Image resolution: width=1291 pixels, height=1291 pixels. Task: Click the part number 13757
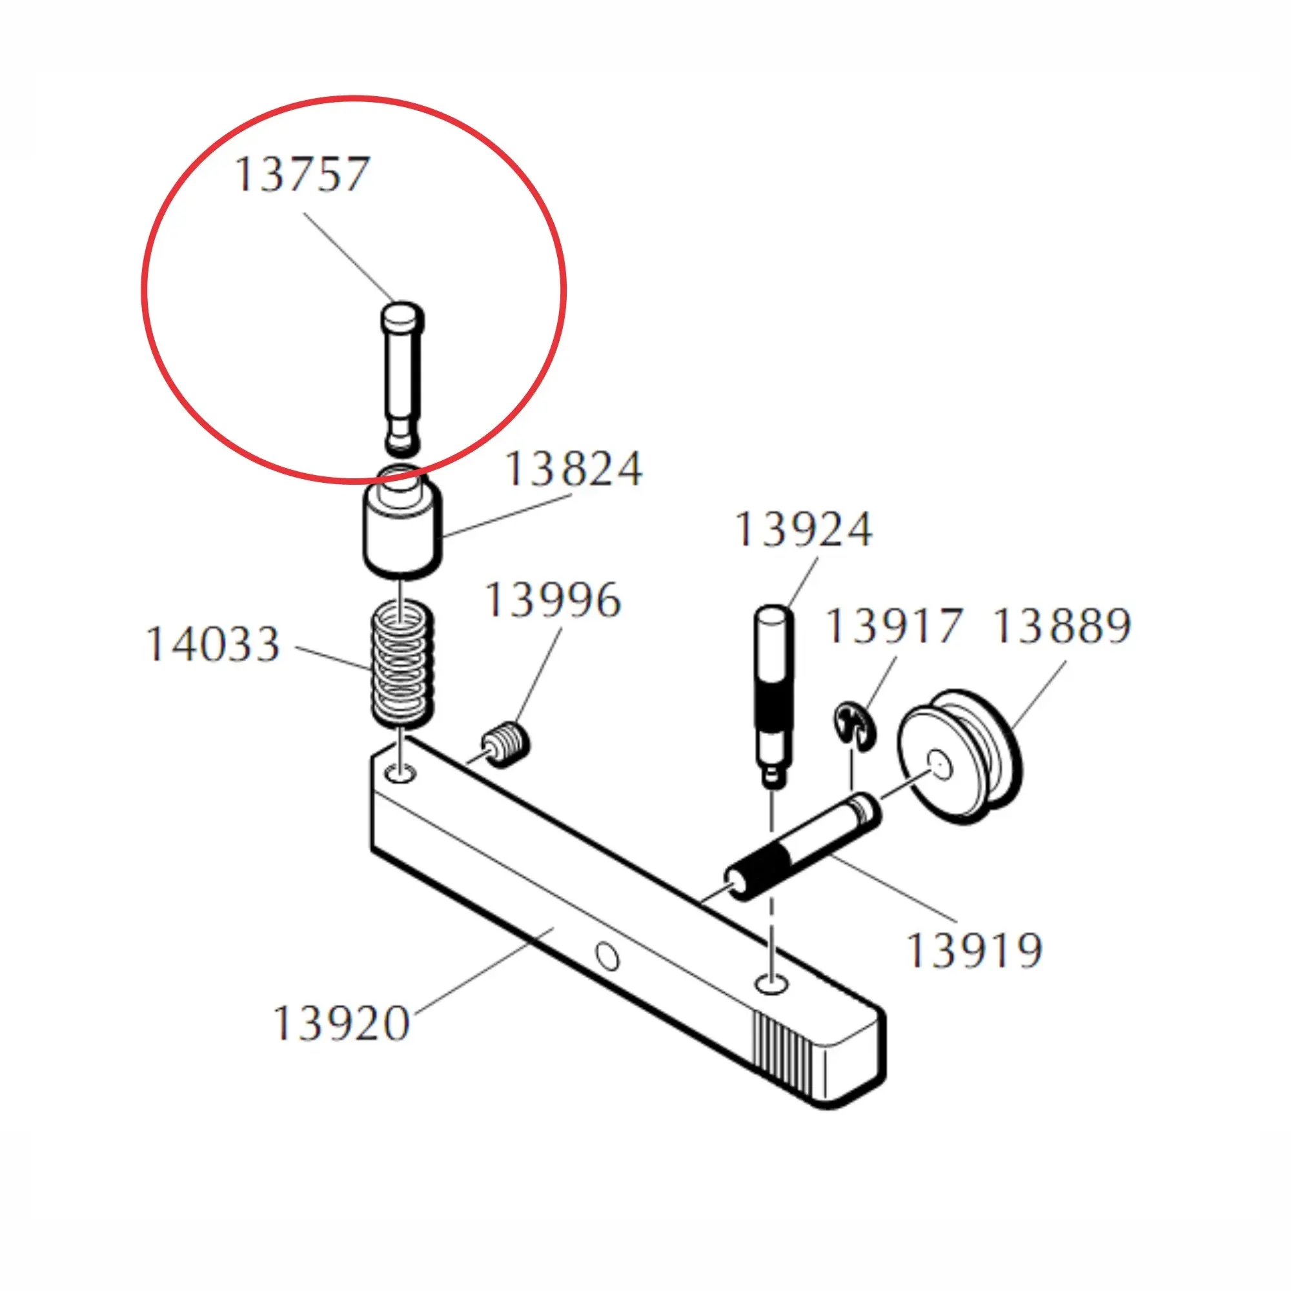302,174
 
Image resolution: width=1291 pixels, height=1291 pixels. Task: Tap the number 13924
804,530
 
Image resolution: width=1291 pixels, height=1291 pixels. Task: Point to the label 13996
553,600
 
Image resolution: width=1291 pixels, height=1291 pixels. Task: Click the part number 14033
212,644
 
